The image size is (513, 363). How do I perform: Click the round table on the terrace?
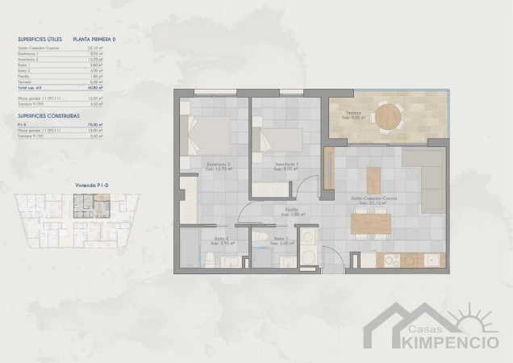389,114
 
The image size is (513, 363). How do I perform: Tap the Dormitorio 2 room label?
218,167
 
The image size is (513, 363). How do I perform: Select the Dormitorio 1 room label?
286,167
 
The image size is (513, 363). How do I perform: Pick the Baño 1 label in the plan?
280,240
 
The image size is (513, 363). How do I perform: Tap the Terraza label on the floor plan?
354,114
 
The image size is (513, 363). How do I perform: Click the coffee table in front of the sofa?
373,178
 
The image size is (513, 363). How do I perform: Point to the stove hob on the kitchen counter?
394,261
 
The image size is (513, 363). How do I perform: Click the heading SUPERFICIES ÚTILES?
40,38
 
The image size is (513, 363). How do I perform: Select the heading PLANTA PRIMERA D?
94,38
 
